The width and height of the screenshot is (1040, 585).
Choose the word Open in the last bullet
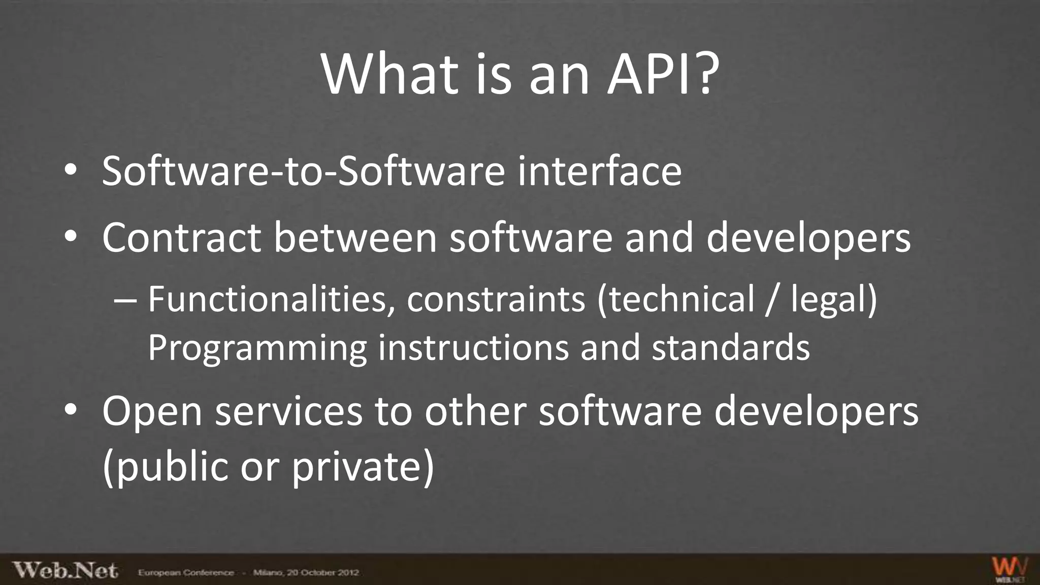click(x=152, y=411)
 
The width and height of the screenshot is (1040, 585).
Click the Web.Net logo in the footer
click(x=65, y=570)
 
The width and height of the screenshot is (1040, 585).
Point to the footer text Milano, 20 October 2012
click(x=306, y=573)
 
